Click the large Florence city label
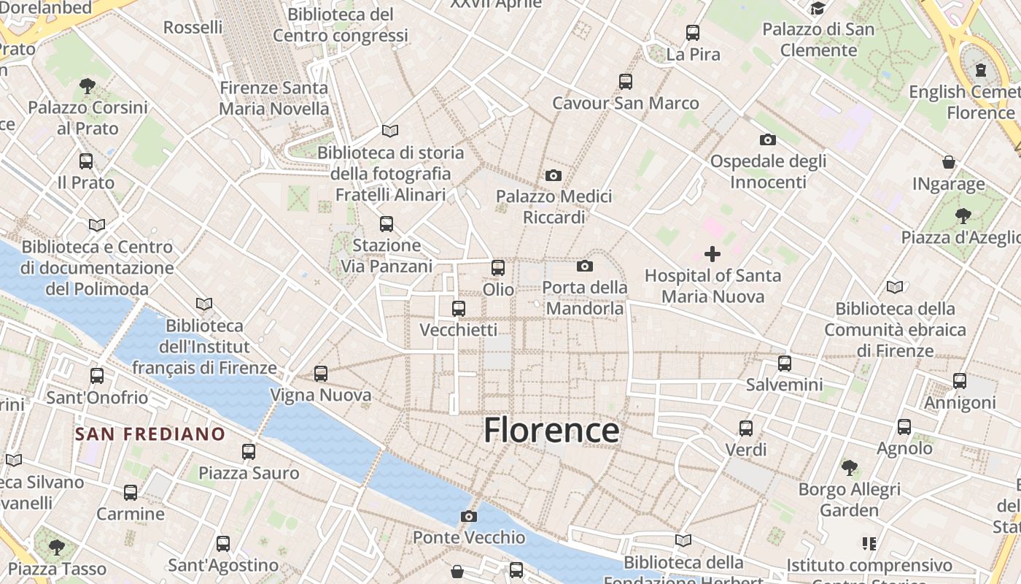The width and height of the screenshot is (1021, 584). (x=551, y=430)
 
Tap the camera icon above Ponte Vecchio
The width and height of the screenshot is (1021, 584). (x=469, y=516)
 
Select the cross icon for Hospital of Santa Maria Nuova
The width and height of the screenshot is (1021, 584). (x=713, y=254)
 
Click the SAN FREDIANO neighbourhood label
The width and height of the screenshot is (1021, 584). (x=150, y=434)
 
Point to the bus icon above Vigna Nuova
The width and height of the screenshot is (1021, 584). (x=321, y=374)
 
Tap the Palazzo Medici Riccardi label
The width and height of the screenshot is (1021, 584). (x=554, y=207)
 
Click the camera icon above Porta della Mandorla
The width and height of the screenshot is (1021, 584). (x=584, y=266)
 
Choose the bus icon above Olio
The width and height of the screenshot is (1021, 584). (x=498, y=268)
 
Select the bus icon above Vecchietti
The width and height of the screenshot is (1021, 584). (x=459, y=308)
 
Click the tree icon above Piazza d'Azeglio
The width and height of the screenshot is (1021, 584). (x=963, y=215)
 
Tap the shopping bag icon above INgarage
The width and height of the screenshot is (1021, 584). (x=949, y=161)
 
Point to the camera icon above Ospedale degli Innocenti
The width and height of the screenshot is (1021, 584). (x=768, y=139)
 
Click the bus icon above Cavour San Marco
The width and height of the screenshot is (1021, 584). (x=626, y=81)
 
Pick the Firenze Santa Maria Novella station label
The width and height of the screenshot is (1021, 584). (x=274, y=99)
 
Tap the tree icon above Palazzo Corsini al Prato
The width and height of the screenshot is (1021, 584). (x=88, y=85)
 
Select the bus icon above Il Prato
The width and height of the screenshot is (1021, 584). (x=86, y=161)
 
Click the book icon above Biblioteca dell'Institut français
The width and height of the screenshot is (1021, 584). (x=204, y=304)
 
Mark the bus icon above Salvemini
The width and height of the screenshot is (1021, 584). (x=785, y=363)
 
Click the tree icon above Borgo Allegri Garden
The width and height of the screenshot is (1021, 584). (x=849, y=467)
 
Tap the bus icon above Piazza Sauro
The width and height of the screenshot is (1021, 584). (x=249, y=452)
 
